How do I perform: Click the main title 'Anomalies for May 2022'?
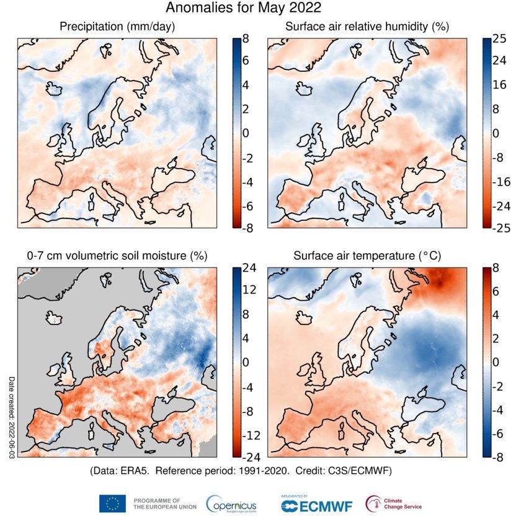(x=243, y=9)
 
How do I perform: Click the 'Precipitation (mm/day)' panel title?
(x=117, y=27)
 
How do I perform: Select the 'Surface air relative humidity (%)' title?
(x=367, y=27)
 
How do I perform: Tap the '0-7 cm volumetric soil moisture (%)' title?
(x=117, y=256)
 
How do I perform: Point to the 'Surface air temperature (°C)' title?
(x=367, y=256)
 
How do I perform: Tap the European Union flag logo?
(x=112, y=504)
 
